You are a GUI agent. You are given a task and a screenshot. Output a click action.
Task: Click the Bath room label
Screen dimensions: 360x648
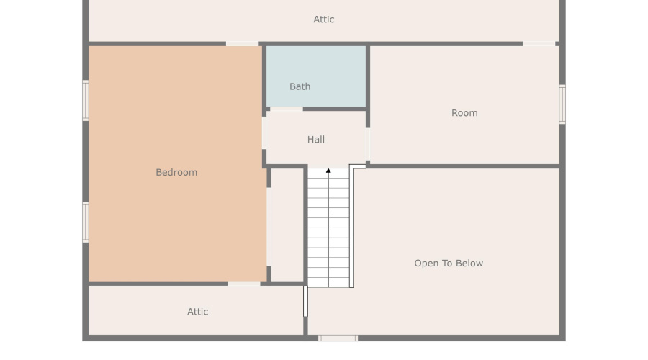pos(300,86)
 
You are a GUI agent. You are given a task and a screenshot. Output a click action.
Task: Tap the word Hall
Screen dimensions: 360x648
pos(316,140)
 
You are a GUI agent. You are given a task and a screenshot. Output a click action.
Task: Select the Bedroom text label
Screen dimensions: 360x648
pos(176,172)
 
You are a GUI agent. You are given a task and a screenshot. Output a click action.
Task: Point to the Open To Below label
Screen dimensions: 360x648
pos(449,264)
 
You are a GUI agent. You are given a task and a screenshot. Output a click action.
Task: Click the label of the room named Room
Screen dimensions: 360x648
pos(464,113)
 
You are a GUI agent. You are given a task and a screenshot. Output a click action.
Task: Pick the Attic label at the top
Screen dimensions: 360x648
pos(324,19)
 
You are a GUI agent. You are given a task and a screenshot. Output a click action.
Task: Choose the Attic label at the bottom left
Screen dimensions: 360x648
pos(198,312)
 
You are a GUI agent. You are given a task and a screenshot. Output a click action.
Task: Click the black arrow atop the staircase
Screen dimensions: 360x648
pos(328,171)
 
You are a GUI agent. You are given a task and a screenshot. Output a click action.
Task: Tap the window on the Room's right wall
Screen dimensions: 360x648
pos(562,104)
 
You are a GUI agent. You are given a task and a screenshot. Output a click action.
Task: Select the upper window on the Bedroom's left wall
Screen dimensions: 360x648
pos(86,100)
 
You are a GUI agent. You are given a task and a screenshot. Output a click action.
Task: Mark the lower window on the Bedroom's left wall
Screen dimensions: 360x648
pos(86,222)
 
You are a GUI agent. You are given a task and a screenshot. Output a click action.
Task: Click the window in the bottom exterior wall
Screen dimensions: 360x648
pos(338,338)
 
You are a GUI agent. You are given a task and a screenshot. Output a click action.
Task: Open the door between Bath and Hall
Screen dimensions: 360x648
pos(286,109)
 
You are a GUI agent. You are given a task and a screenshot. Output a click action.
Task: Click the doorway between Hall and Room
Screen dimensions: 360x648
pos(368,144)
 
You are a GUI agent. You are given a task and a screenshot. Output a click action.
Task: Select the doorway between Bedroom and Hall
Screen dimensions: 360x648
pos(264,133)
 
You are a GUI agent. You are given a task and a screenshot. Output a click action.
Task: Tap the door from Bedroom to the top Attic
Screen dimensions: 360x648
pos(242,44)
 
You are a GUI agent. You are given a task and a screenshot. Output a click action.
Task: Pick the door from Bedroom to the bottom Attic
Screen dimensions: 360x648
pos(243,284)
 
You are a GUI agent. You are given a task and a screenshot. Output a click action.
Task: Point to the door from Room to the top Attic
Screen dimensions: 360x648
pos(539,44)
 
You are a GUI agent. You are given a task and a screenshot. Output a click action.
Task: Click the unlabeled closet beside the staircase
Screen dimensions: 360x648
pos(287,225)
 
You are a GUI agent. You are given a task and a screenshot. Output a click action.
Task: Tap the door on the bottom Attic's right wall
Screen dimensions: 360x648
pos(305,301)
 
